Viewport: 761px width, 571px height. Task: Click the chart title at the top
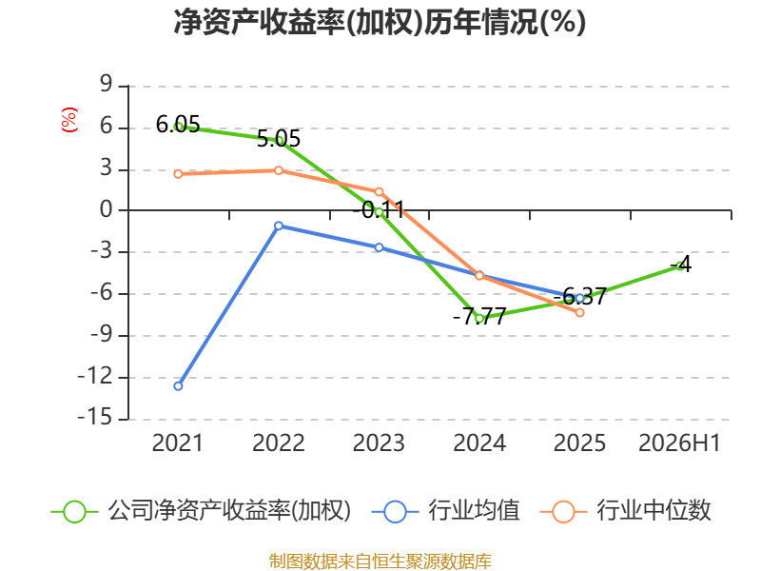click(x=380, y=22)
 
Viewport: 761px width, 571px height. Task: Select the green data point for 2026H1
click(x=680, y=266)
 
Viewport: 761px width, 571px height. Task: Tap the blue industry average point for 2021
click(x=178, y=386)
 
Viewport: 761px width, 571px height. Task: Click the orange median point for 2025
click(x=579, y=313)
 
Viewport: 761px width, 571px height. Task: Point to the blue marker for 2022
click(x=279, y=226)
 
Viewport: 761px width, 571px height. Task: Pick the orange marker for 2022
click(x=279, y=170)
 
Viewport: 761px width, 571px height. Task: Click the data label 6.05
click(x=178, y=125)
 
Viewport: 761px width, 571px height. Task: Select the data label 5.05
click(x=279, y=139)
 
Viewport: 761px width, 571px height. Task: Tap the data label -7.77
click(x=479, y=317)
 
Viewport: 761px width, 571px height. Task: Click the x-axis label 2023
click(x=379, y=443)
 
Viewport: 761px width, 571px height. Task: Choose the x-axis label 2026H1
click(x=679, y=443)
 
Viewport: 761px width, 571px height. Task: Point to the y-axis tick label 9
click(x=106, y=85)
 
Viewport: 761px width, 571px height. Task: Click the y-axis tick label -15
click(x=95, y=418)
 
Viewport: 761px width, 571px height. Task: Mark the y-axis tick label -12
click(x=95, y=376)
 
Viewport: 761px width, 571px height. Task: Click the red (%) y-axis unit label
click(x=69, y=120)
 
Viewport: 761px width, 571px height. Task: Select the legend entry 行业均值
click(x=446, y=511)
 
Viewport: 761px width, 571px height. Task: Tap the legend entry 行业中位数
click(x=626, y=511)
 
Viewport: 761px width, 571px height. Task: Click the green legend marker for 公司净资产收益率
click(x=74, y=512)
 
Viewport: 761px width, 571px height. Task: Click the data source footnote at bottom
click(x=380, y=561)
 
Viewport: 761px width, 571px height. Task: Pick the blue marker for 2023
click(x=379, y=247)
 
